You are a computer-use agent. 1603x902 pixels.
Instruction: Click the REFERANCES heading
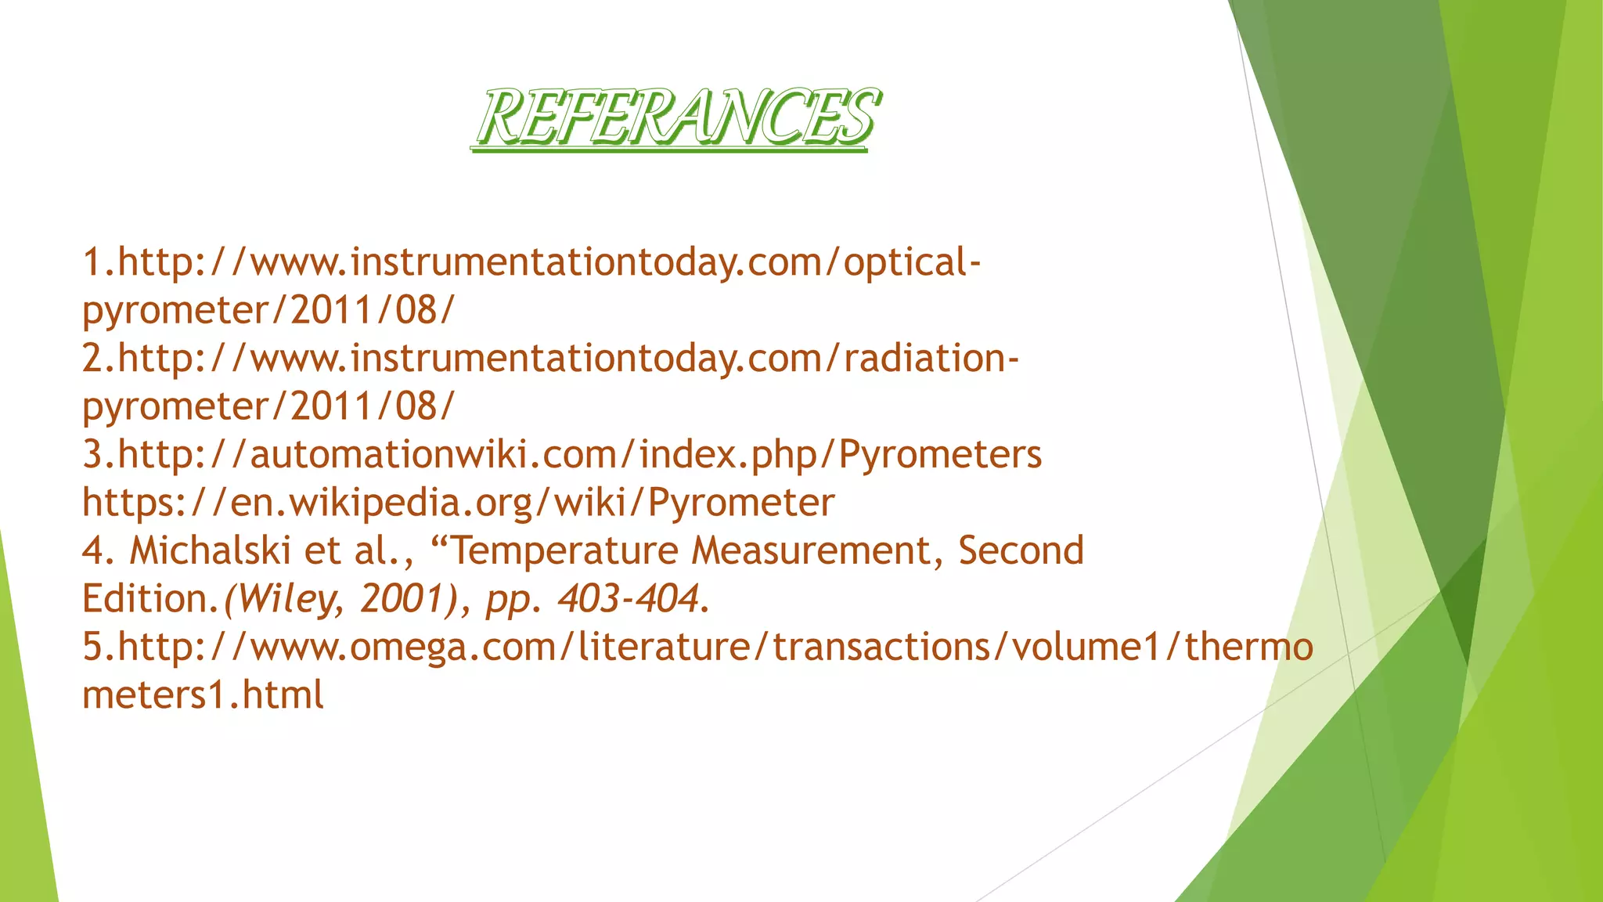click(x=677, y=117)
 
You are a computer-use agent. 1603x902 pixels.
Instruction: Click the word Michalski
click(x=210, y=550)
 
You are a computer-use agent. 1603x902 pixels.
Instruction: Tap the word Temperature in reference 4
click(x=566, y=550)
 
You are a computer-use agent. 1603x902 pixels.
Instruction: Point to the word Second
click(x=1021, y=550)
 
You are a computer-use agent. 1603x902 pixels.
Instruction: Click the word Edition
click(x=145, y=599)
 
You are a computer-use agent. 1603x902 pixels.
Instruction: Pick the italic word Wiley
click(x=288, y=599)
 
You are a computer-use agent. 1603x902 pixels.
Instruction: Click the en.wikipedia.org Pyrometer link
click(x=458, y=503)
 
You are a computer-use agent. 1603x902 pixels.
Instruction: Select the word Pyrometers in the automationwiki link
click(x=940, y=454)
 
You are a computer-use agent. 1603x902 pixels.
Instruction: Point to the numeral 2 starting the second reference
click(x=92, y=359)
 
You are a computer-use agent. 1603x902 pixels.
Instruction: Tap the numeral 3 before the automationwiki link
click(x=92, y=454)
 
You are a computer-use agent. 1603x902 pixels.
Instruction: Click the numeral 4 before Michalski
click(x=92, y=550)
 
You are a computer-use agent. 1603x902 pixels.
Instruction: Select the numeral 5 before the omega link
click(x=92, y=647)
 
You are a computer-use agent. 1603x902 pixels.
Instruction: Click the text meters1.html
click(x=203, y=695)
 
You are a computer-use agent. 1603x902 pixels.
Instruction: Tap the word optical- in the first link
click(x=912, y=262)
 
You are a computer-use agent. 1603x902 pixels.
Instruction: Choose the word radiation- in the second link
click(x=931, y=359)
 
